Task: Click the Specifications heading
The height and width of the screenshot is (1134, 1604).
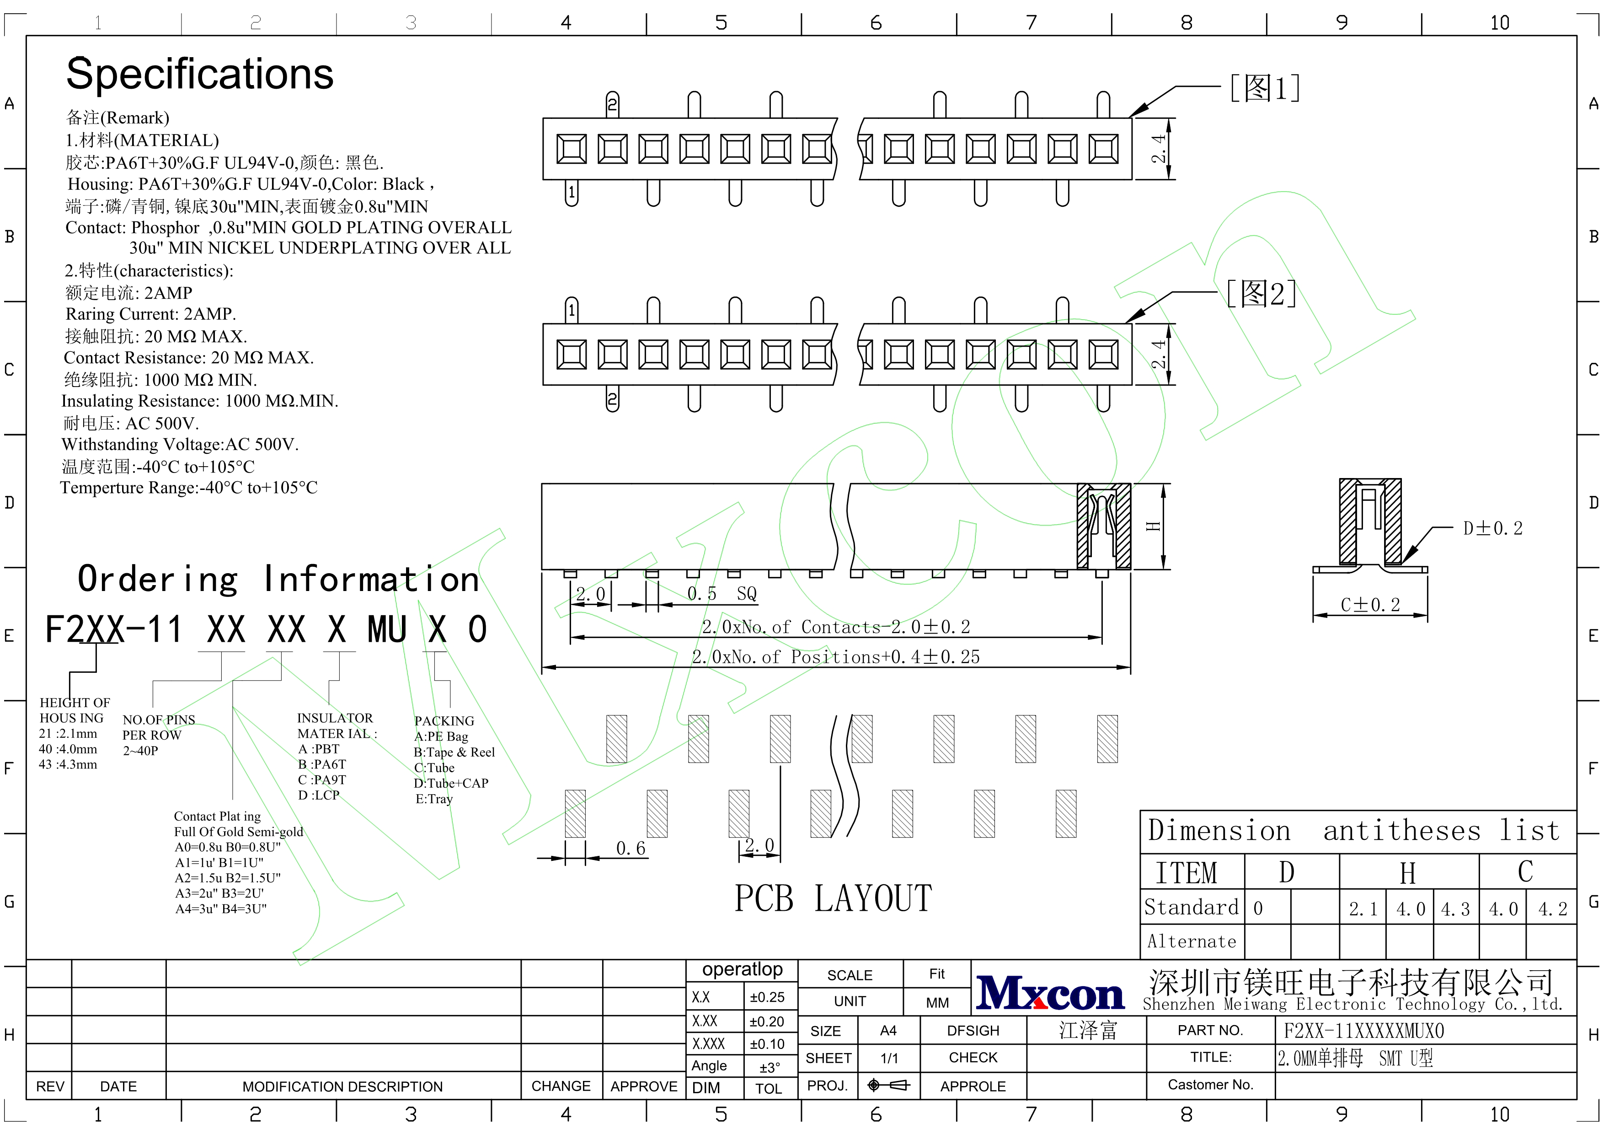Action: tap(200, 74)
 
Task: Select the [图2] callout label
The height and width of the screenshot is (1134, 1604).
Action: tap(1262, 294)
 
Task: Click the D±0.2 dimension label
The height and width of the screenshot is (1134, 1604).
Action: tap(1493, 528)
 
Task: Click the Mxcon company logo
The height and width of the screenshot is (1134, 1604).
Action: tap(1050, 993)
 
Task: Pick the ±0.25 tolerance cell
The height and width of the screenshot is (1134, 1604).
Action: tap(767, 998)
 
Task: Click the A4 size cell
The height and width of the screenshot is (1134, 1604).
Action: tap(888, 1031)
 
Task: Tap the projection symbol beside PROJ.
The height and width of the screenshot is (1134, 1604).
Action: tap(888, 1085)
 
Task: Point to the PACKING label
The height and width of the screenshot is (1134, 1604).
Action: tap(444, 721)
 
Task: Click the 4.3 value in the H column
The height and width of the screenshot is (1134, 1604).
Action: tap(1455, 909)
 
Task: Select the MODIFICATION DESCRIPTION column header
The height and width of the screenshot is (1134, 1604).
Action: tap(342, 1086)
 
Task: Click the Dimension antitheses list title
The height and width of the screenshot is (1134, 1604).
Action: tap(1354, 831)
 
